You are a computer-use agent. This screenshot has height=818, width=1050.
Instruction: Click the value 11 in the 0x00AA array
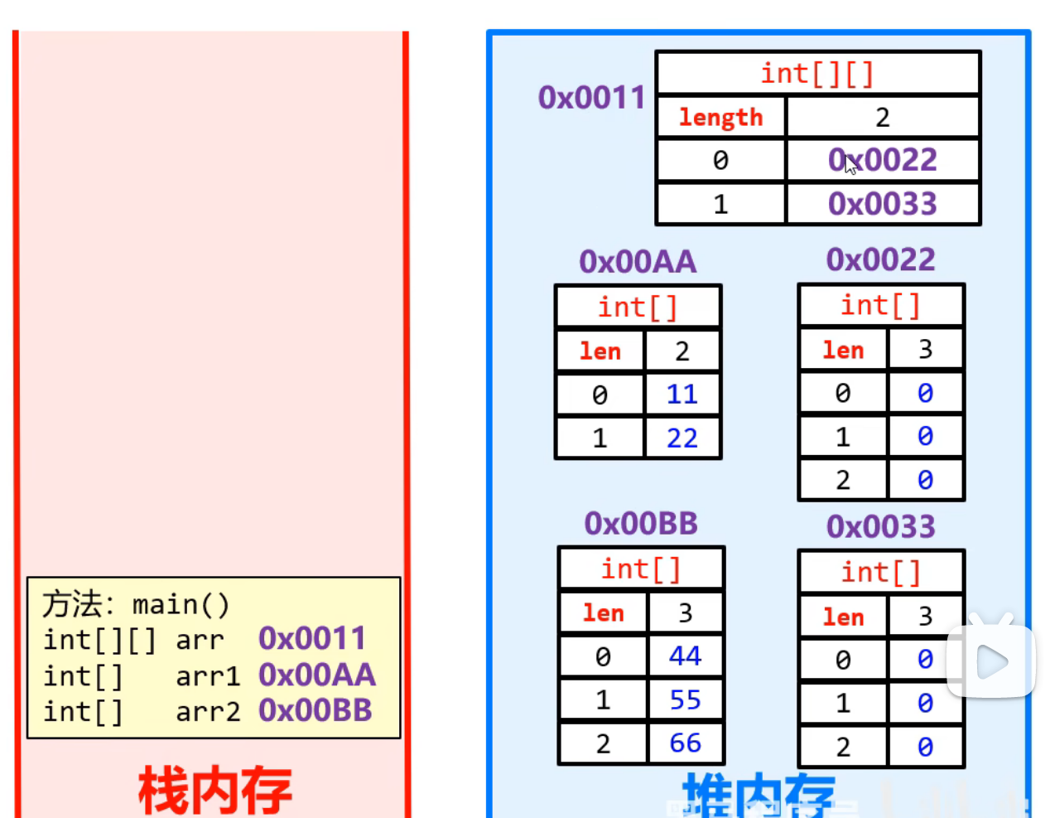pyautogui.click(x=682, y=394)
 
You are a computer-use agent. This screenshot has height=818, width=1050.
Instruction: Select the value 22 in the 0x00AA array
pyautogui.click(x=682, y=438)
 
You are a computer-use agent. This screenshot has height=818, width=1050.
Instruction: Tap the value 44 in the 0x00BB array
pyautogui.click(x=686, y=656)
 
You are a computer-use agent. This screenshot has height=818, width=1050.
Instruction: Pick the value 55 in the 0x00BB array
pyautogui.click(x=686, y=699)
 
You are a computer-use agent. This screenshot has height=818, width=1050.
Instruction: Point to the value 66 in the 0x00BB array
pyautogui.click(x=686, y=743)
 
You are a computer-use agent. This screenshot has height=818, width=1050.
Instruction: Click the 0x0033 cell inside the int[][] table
pyautogui.click(x=883, y=204)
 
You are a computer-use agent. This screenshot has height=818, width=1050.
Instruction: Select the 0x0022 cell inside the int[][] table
pyautogui.click(x=883, y=160)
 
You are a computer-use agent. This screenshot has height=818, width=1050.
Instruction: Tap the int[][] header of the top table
pyautogui.click(x=817, y=74)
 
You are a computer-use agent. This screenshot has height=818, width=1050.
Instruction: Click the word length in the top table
pyautogui.click(x=720, y=118)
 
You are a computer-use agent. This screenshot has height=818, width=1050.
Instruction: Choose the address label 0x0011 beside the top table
pyautogui.click(x=591, y=98)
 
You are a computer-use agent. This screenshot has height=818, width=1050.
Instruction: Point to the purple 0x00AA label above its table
pyautogui.click(x=638, y=262)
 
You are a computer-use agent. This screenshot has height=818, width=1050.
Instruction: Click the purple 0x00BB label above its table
pyautogui.click(x=641, y=524)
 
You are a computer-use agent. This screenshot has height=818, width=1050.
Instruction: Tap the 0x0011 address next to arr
pyautogui.click(x=312, y=638)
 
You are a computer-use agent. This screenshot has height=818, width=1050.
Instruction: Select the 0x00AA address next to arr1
pyautogui.click(x=316, y=675)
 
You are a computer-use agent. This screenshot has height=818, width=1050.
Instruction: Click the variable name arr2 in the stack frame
pyautogui.click(x=208, y=711)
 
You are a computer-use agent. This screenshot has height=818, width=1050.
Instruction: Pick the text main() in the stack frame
pyautogui.click(x=181, y=604)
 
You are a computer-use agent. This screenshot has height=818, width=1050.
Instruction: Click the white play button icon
pyautogui.click(x=991, y=661)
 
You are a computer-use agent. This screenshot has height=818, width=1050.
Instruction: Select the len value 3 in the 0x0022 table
pyautogui.click(x=925, y=349)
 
